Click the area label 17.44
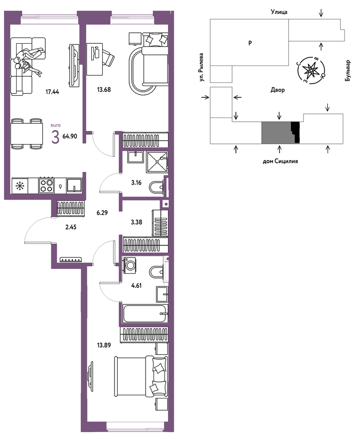click(x=52, y=92)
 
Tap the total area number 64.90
click(x=70, y=137)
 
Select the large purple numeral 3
click(x=55, y=137)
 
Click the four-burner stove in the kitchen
click(x=46, y=185)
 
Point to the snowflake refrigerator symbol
click(x=20, y=186)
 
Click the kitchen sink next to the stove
click(x=74, y=185)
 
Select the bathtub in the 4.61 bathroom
click(x=146, y=314)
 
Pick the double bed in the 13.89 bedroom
click(x=141, y=376)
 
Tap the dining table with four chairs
click(x=26, y=134)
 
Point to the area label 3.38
click(x=136, y=222)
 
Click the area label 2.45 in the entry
click(x=71, y=227)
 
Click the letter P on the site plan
click(x=250, y=43)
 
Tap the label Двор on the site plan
click(x=277, y=90)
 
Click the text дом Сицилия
click(x=280, y=161)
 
